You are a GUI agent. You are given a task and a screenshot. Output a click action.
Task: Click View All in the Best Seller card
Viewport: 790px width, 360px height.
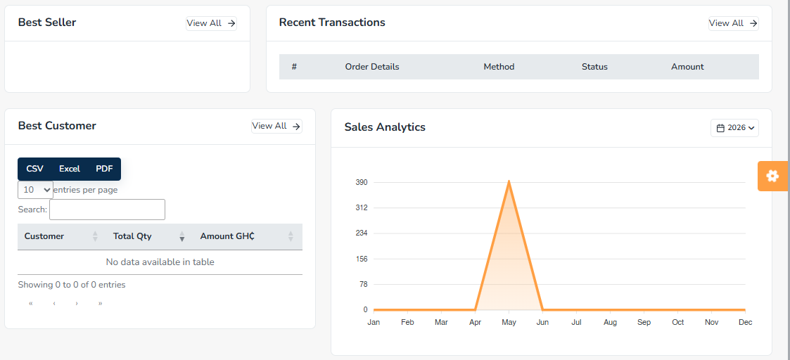click(x=211, y=23)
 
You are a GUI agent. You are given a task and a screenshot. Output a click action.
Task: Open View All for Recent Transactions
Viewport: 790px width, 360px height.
click(x=734, y=23)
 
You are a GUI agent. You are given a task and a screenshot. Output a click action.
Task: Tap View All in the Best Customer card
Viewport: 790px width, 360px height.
click(x=276, y=126)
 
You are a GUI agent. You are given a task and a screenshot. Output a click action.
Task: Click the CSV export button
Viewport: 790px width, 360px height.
click(x=34, y=169)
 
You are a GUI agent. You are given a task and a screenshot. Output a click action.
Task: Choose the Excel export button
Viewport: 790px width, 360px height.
click(x=70, y=169)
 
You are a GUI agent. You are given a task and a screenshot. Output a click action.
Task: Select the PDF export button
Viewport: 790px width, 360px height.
click(x=104, y=169)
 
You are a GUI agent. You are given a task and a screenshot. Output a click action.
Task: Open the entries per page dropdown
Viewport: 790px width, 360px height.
click(x=35, y=190)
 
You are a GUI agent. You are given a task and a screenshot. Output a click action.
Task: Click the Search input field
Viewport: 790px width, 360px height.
click(x=108, y=210)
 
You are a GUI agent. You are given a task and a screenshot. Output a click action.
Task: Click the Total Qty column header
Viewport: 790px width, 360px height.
click(x=132, y=236)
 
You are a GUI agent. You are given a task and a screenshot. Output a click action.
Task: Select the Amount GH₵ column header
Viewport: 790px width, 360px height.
click(x=227, y=236)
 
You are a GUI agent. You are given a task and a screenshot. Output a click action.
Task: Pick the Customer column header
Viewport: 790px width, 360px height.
click(x=44, y=236)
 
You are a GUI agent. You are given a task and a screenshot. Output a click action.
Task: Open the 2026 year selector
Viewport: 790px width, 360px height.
click(x=734, y=128)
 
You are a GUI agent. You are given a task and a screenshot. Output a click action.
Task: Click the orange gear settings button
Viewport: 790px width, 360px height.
click(x=772, y=176)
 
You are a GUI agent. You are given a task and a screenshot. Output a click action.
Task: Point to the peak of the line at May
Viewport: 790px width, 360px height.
click(x=509, y=181)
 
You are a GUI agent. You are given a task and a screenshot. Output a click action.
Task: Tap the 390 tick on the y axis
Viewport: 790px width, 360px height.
click(x=362, y=182)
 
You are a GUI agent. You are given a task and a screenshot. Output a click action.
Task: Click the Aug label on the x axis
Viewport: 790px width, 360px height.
click(x=610, y=322)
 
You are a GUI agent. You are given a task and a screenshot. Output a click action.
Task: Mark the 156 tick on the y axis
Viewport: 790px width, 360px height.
click(x=362, y=259)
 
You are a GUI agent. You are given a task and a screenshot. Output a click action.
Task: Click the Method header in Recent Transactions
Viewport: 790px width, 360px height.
click(x=499, y=67)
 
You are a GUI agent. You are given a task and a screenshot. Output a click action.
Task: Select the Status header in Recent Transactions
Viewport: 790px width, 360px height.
click(x=594, y=67)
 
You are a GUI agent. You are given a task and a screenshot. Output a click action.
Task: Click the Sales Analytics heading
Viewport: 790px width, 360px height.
click(x=385, y=127)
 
